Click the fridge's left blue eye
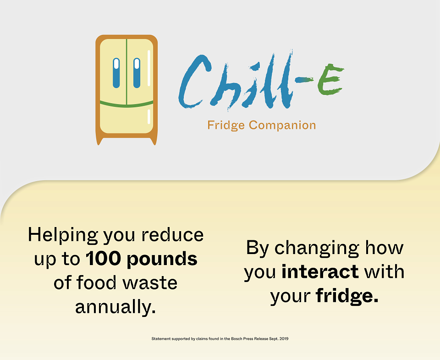pyautogui.click(x=116, y=73)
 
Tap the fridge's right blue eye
pyautogui.click(x=137, y=73)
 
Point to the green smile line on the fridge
pyautogui.click(x=126, y=104)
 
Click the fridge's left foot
pyautogui.click(x=99, y=141)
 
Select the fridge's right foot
pyautogui.click(x=154, y=141)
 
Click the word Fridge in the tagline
pyautogui.click(x=226, y=125)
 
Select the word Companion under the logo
pyautogui.click(x=282, y=125)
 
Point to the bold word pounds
pyautogui.click(x=162, y=259)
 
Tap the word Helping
pyautogui.click(x=63, y=236)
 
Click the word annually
pyautogui.click(x=115, y=307)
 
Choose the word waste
pyautogui.click(x=150, y=283)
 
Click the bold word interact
pyautogui.click(x=320, y=271)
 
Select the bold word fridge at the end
pyautogui.click(x=347, y=296)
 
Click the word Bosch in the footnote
pyautogui.click(x=236, y=338)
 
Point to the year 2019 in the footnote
pyautogui.click(x=284, y=338)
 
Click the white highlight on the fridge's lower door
pyautogui.click(x=148, y=116)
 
